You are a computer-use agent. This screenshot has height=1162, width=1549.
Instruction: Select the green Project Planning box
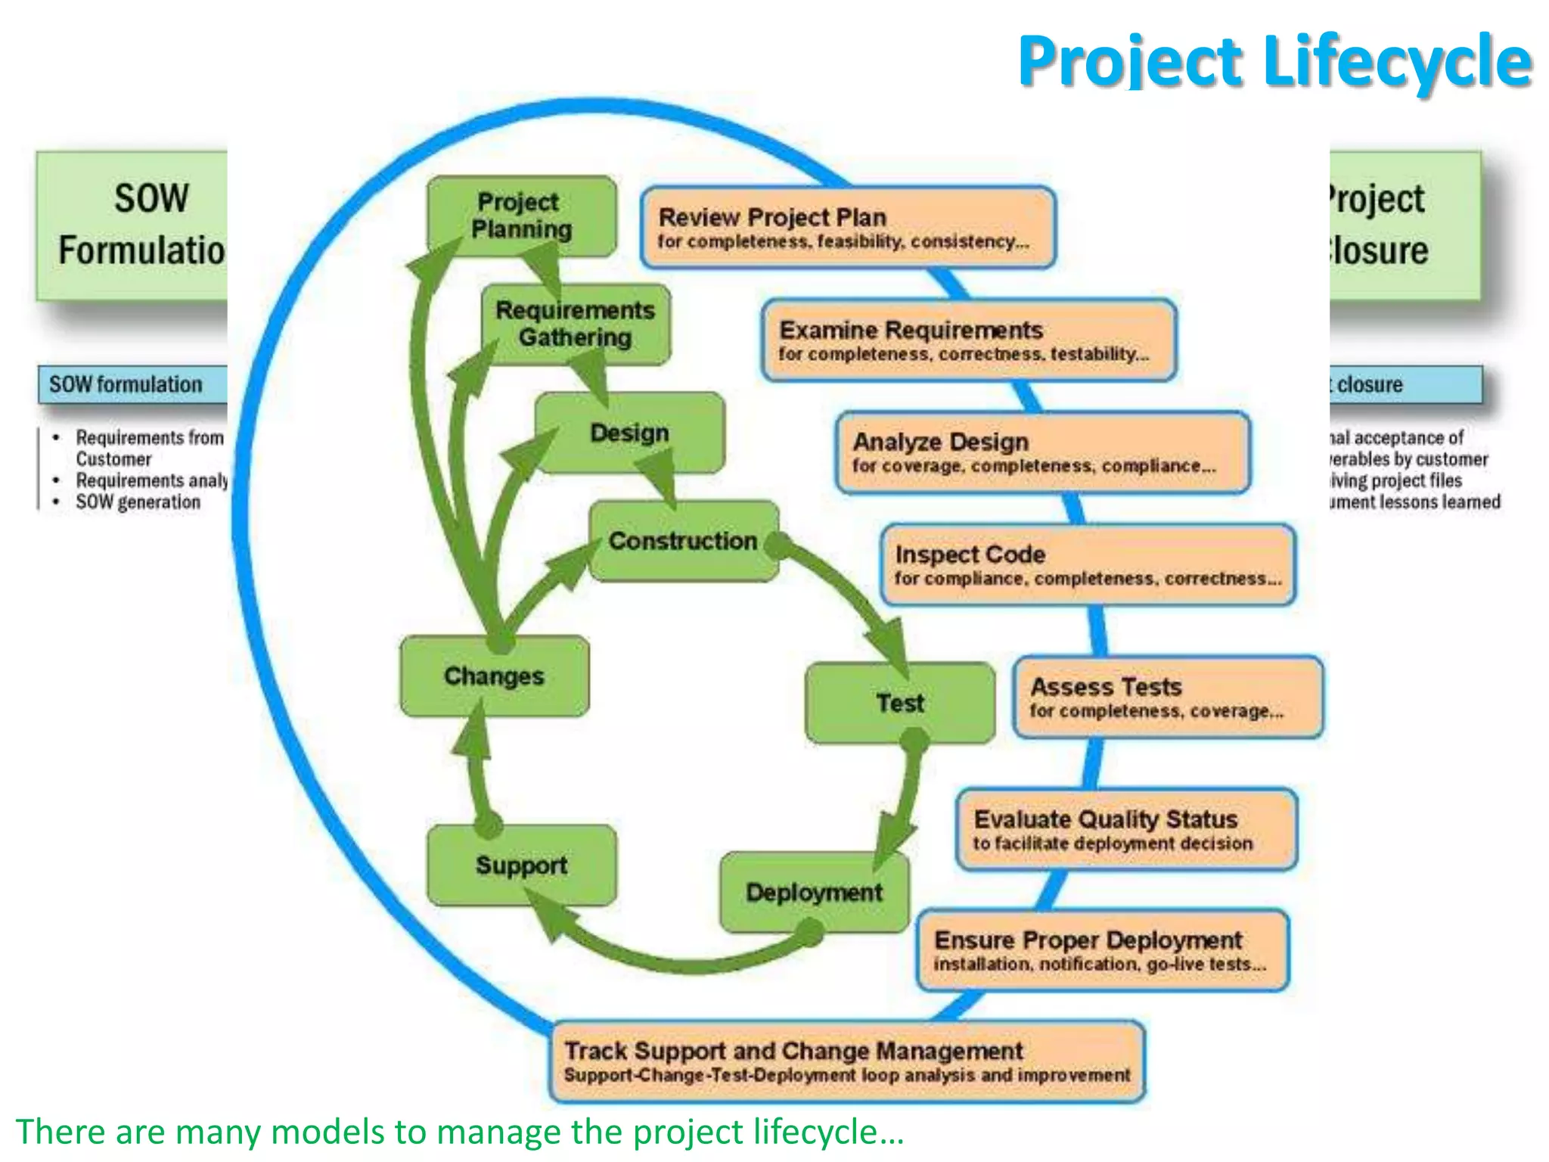[x=521, y=216]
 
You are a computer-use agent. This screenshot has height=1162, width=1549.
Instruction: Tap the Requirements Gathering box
[x=576, y=324]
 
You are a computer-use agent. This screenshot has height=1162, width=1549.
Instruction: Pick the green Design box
[x=629, y=433]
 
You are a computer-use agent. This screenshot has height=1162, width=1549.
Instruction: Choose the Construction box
[x=683, y=541]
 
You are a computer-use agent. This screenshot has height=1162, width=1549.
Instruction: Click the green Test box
[x=900, y=703]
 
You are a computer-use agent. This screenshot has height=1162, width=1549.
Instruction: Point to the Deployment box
[x=814, y=892]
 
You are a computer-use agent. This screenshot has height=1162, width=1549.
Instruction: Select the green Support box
[x=521, y=865]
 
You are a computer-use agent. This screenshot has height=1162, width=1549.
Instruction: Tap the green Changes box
[x=494, y=676]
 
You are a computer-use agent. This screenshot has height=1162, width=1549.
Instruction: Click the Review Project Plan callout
[x=847, y=228]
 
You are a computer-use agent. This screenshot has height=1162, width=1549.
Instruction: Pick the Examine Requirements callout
[x=968, y=340]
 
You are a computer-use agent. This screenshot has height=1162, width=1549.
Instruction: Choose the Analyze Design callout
[x=1042, y=452]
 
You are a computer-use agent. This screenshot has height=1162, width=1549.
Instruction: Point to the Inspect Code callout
[x=1088, y=564]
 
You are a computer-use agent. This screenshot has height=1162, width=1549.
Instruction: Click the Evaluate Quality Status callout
[x=1125, y=829]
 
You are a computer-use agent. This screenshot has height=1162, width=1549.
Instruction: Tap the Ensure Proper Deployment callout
[x=1102, y=950]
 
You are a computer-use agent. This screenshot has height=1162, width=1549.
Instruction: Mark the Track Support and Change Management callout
[x=847, y=1061]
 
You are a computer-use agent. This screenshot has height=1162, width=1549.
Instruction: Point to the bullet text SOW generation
[x=138, y=502]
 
